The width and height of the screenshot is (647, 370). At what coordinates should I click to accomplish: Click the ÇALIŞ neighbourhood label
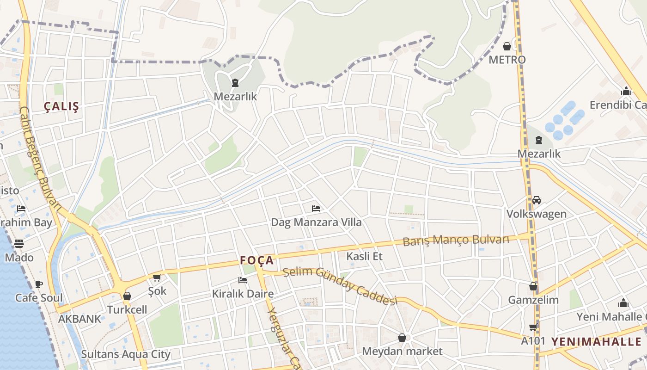(61, 106)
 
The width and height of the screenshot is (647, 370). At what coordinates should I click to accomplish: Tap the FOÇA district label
(257, 260)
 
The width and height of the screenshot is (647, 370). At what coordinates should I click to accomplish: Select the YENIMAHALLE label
(597, 342)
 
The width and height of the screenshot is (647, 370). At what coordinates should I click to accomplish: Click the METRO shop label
(507, 60)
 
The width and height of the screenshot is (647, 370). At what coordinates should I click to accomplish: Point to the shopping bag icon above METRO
(507, 46)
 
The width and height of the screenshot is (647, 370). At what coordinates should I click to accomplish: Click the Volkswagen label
(537, 214)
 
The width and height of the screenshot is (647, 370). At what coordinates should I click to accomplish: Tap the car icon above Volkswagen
(537, 200)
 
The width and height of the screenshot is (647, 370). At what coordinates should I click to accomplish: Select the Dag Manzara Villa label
(316, 222)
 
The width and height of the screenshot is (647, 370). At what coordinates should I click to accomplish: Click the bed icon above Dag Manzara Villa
(316, 209)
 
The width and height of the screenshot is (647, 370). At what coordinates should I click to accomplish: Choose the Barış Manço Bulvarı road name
(456, 240)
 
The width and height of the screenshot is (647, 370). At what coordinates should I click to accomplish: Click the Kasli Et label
(365, 256)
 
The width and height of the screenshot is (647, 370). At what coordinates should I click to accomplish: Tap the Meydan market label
(402, 351)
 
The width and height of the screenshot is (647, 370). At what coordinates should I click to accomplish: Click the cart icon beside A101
(533, 327)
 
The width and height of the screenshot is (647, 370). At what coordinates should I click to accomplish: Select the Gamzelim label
(533, 300)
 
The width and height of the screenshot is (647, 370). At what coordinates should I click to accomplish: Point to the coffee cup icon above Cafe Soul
(39, 284)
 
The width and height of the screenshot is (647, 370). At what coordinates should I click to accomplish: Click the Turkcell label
(127, 309)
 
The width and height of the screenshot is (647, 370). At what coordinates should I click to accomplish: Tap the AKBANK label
(79, 319)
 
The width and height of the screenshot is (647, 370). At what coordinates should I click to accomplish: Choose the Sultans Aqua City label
(126, 354)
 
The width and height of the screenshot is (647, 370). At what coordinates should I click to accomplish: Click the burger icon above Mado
(19, 244)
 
